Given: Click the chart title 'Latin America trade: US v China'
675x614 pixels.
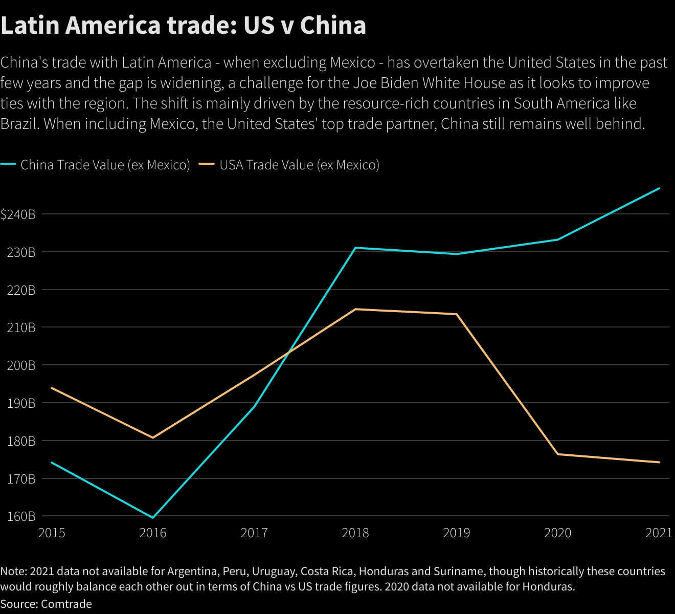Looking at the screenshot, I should (x=183, y=26).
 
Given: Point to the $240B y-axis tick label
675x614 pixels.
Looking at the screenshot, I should (x=18, y=214).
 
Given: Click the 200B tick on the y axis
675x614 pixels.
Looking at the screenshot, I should (x=21, y=365).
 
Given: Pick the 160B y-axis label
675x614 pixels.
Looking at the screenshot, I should (x=21, y=516).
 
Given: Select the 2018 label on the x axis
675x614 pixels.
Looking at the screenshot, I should (x=355, y=533).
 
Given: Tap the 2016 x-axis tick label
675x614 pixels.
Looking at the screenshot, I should (x=153, y=533).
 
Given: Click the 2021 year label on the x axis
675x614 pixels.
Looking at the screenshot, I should (x=659, y=533).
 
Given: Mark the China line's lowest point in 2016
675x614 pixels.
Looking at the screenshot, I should (x=153, y=518).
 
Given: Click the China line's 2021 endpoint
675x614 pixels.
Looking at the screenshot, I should (x=660, y=188).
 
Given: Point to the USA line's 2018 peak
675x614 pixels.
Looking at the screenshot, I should (x=355, y=309).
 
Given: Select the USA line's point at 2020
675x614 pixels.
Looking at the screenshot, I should (x=557, y=454).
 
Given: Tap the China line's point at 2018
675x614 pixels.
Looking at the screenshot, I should (x=355, y=248).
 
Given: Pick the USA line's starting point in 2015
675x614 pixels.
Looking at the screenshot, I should (x=52, y=388).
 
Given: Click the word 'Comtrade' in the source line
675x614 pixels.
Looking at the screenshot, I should (x=66, y=604).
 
